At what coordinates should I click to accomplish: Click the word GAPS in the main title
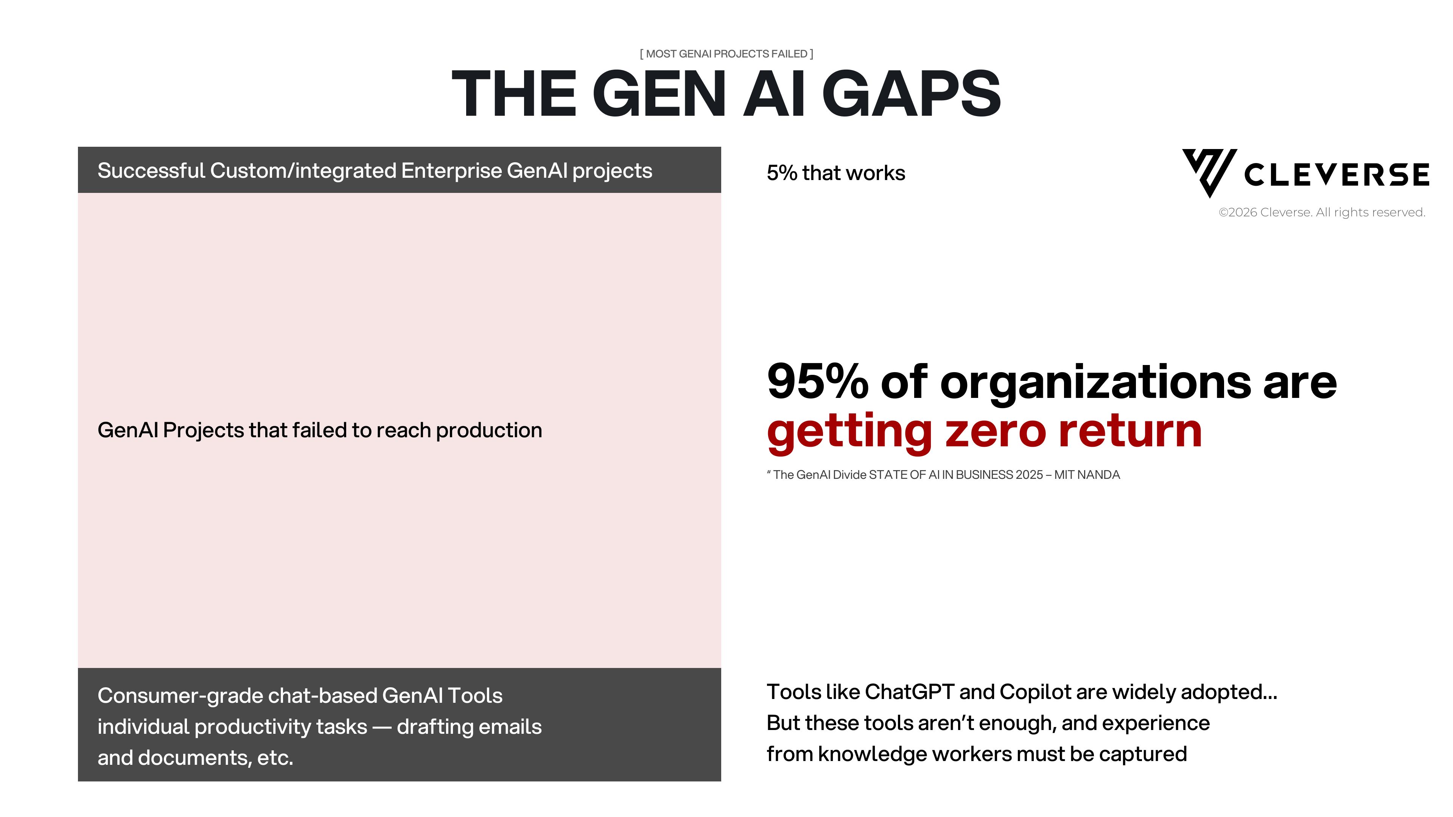[912, 93]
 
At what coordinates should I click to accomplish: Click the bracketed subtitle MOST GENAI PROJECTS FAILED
[726, 54]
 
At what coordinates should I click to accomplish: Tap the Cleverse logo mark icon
[1209, 172]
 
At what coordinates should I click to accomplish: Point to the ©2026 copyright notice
[1322, 213]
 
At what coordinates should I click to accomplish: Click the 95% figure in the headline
[817, 382]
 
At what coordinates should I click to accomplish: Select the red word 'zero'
[996, 431]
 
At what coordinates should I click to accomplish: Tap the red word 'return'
[1130, 431]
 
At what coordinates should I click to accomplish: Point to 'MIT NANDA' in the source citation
[1087, 475]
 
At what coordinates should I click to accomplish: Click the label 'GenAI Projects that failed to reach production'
[320, 430]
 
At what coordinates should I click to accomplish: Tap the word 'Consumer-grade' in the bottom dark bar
[180, 696]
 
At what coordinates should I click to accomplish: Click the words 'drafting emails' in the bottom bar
[469, 727]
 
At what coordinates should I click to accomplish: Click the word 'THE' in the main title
[514, 93]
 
